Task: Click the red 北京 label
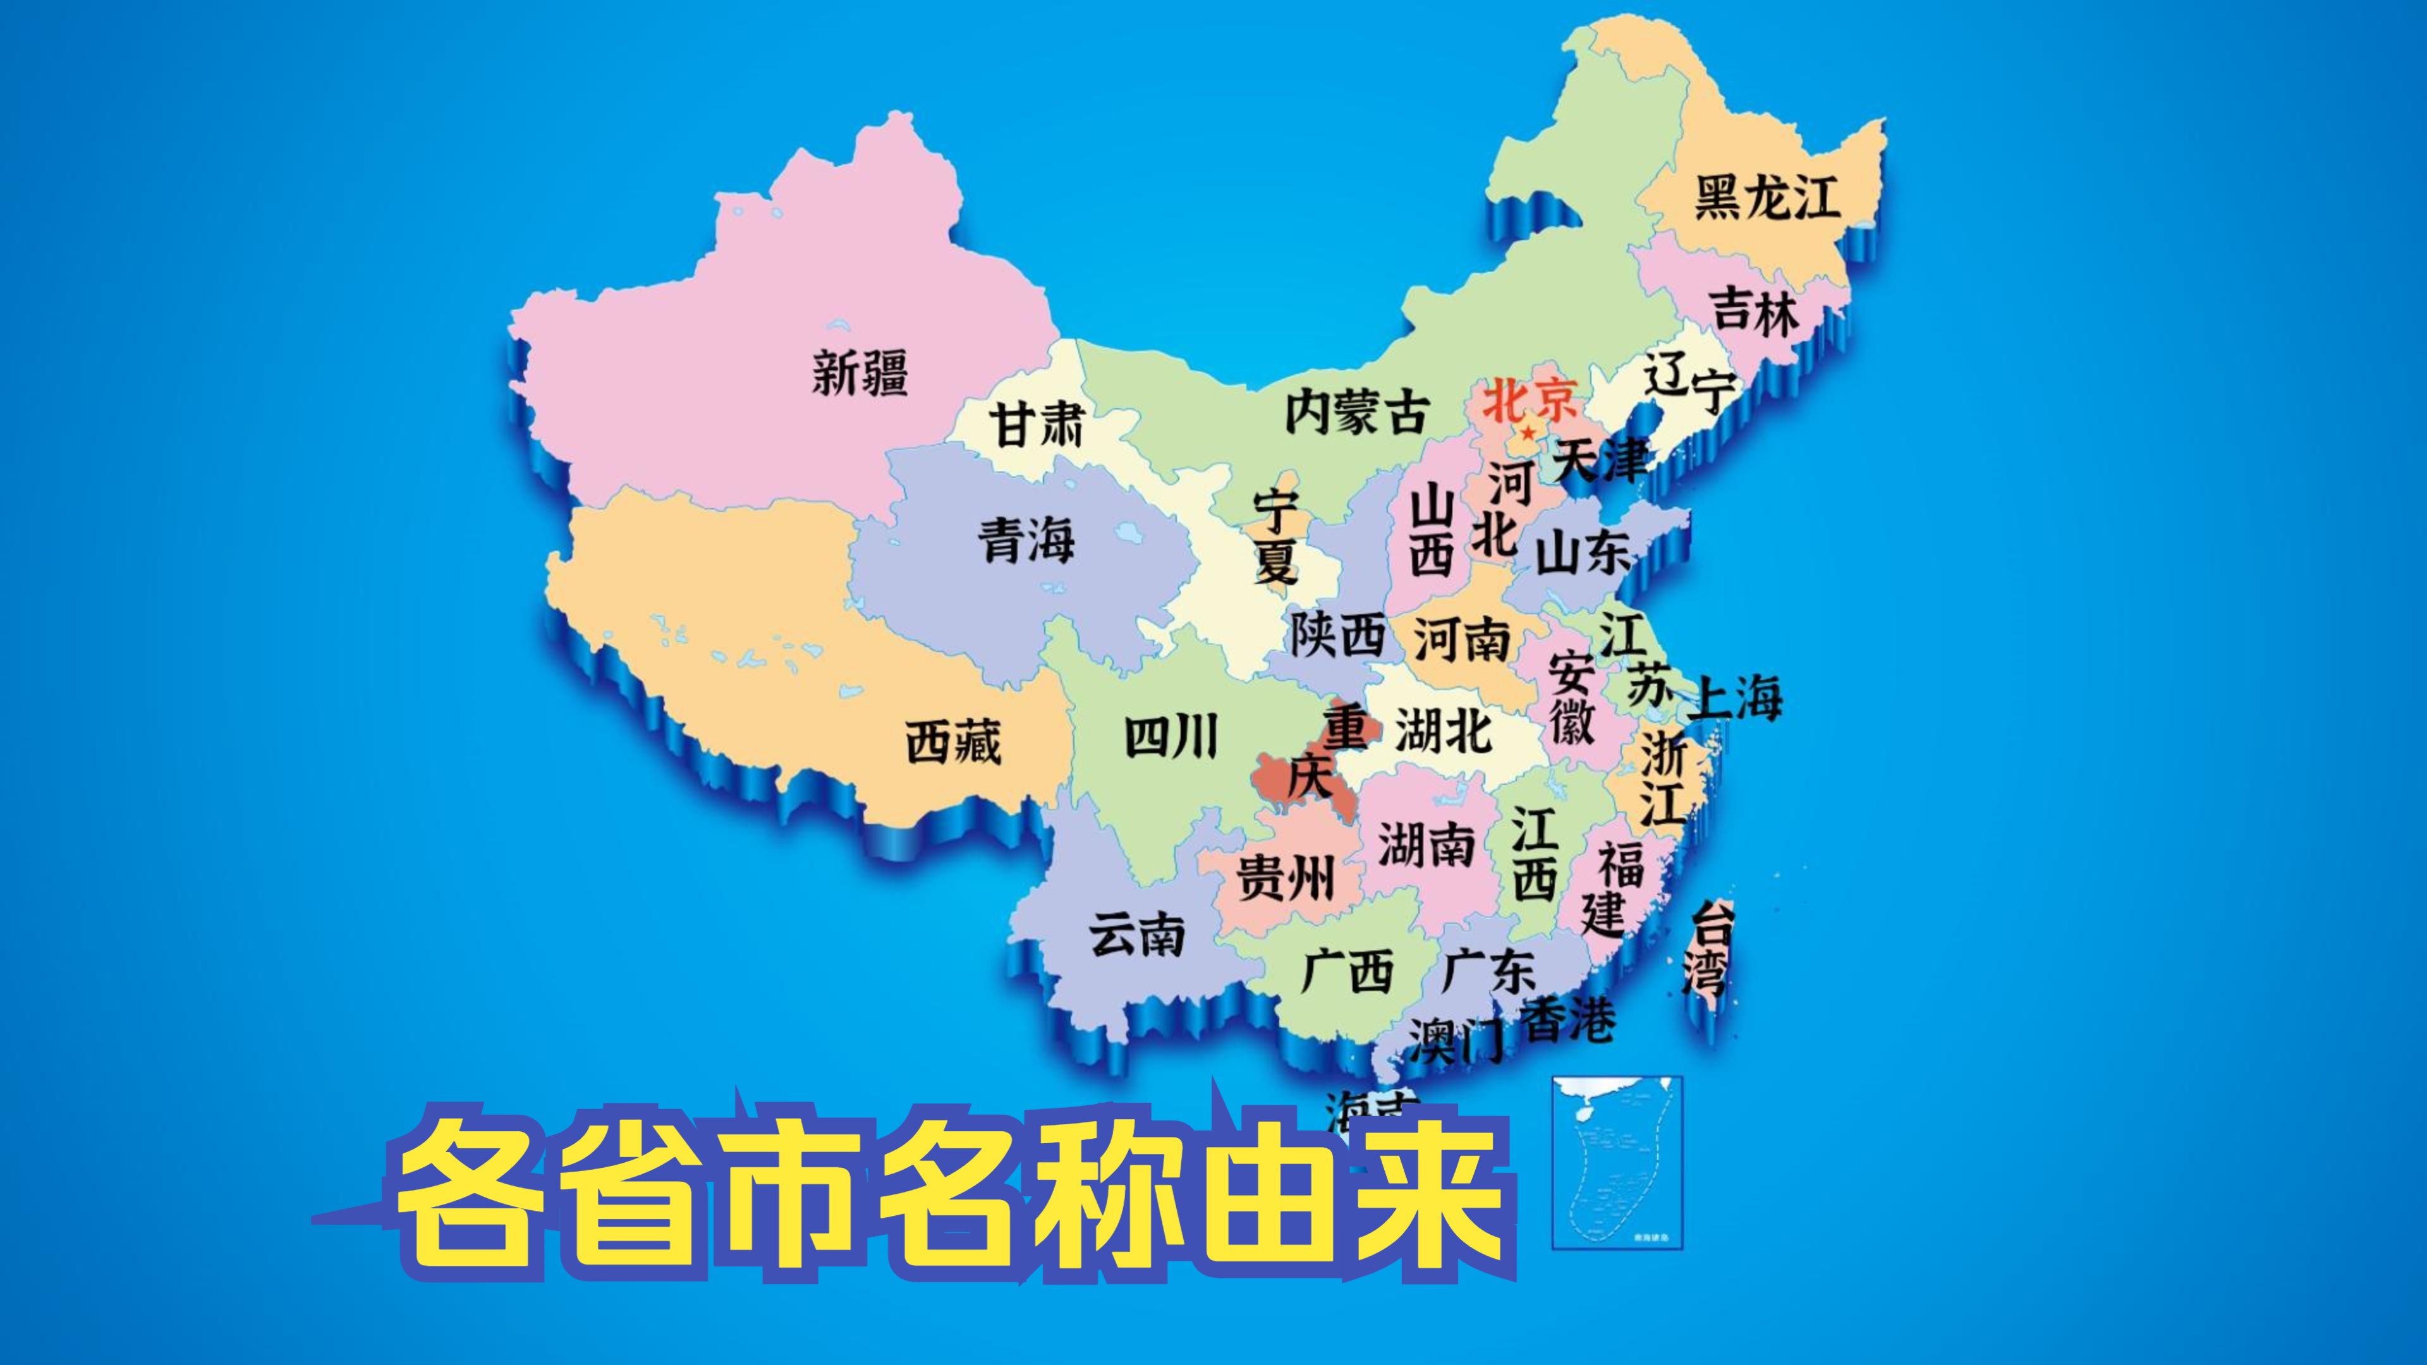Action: click(1529, 401)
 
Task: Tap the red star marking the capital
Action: click(1527, 432)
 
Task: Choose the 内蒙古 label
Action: click(1357, 413)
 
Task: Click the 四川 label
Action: click(1171, 737)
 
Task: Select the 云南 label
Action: click(1136, 935)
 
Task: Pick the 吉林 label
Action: click(1755, 310)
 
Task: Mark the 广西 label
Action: click(1347, 971)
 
